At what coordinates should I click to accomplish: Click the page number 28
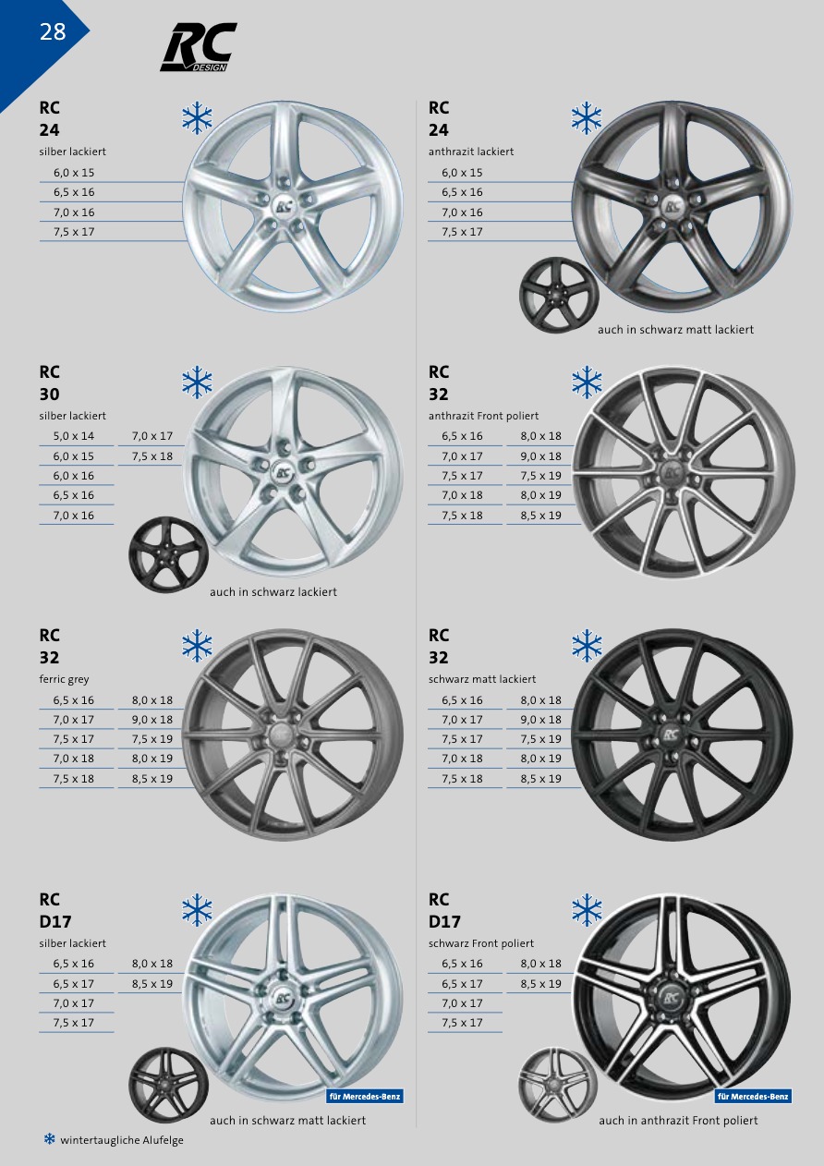coord(53,32)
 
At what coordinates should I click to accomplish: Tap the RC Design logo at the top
coord(199,47)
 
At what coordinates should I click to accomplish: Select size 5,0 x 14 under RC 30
coord(73,436)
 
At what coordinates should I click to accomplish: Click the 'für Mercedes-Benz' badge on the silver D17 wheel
coord(364,1097)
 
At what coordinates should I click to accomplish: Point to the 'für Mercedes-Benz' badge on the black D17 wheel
coord(753,1097)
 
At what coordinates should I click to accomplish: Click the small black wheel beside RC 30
coord(168,554)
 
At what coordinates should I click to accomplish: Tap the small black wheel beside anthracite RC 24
coord(559,295)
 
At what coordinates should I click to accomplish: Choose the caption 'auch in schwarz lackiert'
coord(273,592)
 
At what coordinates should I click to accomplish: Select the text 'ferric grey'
coord(64,679)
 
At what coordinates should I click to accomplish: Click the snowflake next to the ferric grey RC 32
coord(198,646)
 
